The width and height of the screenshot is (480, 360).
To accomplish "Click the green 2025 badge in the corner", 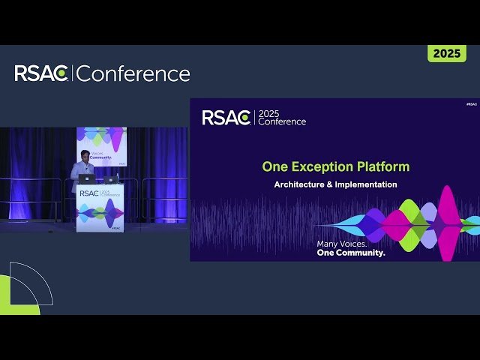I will pos(447,53).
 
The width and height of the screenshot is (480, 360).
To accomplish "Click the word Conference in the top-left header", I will pos(133,73).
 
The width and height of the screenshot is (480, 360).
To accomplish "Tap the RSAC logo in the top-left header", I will pos(42,73).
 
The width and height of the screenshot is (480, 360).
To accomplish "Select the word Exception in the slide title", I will pos(320,166).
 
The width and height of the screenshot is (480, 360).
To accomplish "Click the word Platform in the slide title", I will pos(382,166).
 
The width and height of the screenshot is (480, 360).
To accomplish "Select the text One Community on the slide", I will pos(350,253).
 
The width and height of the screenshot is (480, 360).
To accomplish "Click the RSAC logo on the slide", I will pos(226,118).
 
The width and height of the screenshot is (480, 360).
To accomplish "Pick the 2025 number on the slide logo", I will pos(268,114).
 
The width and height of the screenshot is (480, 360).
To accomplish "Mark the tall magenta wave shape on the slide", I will pos(448,222).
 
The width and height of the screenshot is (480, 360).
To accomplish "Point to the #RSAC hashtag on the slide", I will pos(471,103).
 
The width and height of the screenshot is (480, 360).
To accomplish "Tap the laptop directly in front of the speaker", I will pos(88,179).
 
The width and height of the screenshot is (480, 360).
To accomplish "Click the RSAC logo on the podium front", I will pos(88,193).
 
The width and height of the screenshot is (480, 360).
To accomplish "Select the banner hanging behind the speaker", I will pos(101,145).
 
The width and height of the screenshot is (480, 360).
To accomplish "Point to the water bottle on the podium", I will pos(117,178).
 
